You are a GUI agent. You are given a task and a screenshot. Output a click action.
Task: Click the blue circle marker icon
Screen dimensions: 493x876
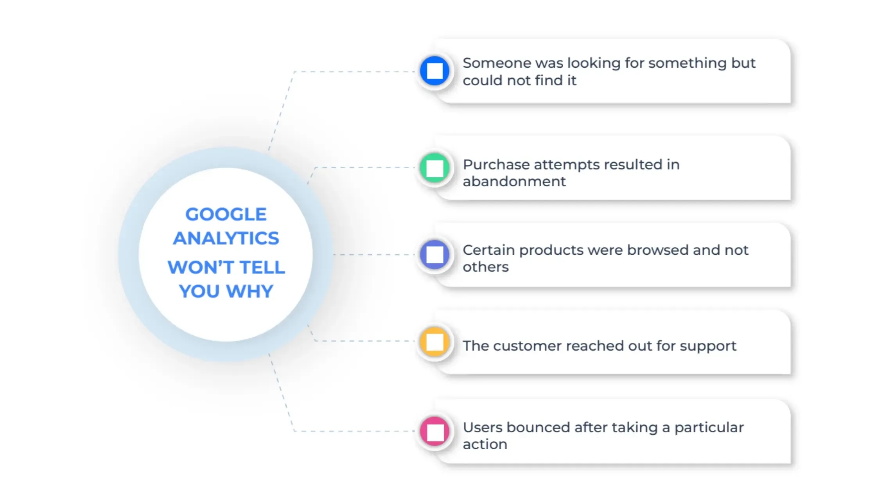[434, 71]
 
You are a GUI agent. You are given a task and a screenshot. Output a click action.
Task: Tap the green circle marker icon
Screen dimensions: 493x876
[434, 168]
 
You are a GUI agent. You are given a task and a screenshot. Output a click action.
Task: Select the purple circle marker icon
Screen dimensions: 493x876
[434, 255]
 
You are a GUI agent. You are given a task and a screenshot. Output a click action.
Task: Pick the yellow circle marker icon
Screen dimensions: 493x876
[434, 342]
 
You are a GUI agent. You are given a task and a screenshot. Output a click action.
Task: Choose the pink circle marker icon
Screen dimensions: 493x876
[434, 431]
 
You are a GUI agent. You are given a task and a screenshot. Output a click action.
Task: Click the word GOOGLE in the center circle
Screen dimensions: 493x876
[226, 214]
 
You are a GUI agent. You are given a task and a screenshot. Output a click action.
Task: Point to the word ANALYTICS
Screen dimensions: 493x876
[226, 238]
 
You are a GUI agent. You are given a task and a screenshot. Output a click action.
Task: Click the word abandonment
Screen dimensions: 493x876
[514, 182]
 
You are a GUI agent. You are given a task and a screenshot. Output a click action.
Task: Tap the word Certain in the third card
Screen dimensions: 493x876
[488, 250]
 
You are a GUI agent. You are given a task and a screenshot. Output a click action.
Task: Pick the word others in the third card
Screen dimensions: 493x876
[486, 267]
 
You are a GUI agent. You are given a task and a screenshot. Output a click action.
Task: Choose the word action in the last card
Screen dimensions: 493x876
[485, 444]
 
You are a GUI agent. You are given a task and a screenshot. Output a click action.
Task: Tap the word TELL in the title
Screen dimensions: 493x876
[262, 268]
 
